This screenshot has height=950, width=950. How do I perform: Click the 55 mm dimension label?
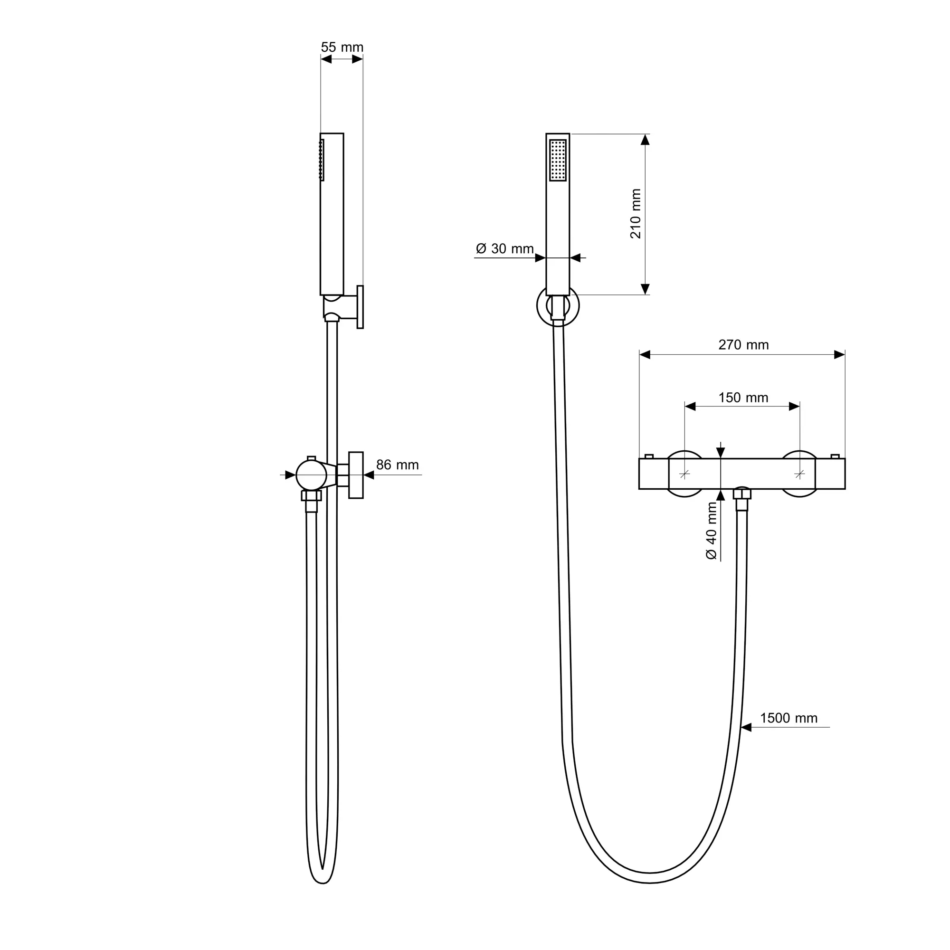[342, 47]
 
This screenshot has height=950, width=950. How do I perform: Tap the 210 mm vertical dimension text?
[636, 214]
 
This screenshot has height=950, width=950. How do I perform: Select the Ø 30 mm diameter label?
[505, 249]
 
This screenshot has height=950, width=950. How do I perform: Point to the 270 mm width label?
[743, 345]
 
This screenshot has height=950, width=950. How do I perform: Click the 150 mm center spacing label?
[743, 398]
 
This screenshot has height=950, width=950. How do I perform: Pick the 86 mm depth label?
[397, 465]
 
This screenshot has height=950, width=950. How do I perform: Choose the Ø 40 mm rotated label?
[712, 531]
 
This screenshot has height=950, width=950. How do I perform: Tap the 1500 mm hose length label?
[788, 718]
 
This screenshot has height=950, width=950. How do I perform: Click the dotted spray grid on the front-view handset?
[558, 160]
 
